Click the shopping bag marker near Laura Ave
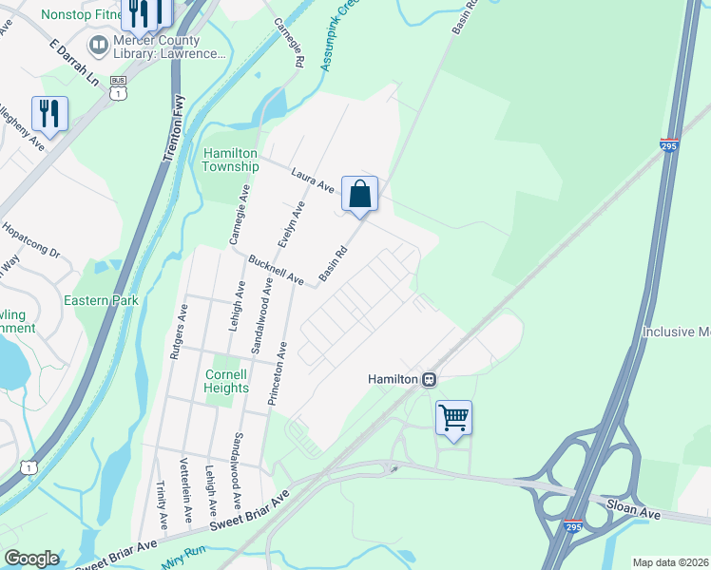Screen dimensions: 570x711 click(x=360, y=194)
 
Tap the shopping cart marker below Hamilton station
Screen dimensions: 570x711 click(x=454, y=418)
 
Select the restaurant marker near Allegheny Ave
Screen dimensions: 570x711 click(x=48, y=114)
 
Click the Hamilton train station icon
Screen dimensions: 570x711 click(x=430, y=379)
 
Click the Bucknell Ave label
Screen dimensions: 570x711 click(x=275, y=271)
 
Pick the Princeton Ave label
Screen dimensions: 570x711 click(x=277, y=375)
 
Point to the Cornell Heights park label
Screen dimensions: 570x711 click(x=226, y=380)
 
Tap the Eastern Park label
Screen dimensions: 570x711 click(x=101, y=300)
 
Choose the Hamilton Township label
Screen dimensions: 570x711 click(x=230, y=160)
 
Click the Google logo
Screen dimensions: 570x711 click(x=31, y=559)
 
